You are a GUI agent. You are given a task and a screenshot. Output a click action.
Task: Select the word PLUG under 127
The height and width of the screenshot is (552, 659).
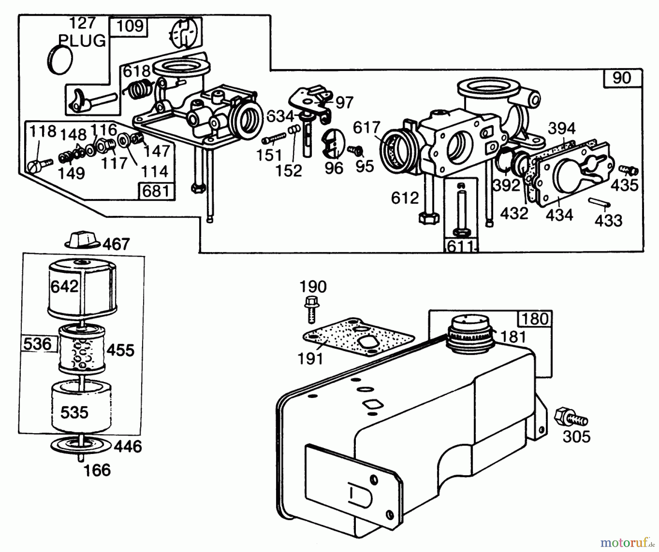82,41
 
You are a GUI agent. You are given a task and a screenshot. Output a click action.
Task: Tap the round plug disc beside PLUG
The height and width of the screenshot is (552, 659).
60,60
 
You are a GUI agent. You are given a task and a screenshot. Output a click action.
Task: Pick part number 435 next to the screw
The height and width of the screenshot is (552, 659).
624,185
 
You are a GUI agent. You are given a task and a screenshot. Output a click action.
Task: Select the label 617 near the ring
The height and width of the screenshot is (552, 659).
366,128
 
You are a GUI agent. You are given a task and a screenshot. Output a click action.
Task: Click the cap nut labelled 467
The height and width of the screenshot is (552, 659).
83,239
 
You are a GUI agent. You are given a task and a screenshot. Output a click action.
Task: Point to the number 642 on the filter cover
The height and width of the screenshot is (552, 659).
64,286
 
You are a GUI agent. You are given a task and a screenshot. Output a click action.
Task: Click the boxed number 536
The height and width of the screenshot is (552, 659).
37,344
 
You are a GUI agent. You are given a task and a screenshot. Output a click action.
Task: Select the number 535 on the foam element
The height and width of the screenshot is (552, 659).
74,412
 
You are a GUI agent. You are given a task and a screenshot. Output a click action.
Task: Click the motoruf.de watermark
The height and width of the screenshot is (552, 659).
628,541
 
